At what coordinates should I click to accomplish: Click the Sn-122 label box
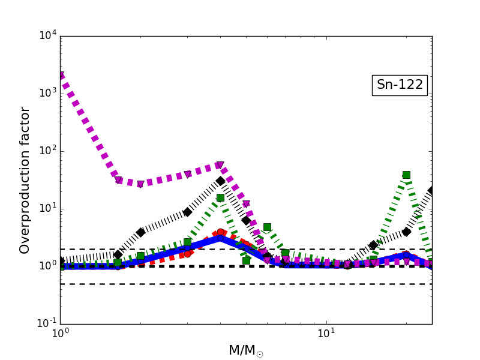click(x=400, y=85)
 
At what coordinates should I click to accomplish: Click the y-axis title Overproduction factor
click(x=25, y=180)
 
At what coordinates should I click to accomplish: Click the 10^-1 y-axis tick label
click(x=46, y=323)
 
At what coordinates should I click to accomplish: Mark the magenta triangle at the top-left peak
click(x=61, y=76)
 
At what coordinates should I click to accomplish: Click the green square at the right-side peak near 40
click(x=406, y=175)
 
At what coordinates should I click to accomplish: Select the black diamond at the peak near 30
click(x=220, y=181)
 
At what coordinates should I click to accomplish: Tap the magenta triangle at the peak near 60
click(x=220, y=166)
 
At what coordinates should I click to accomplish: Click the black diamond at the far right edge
click(x=431, y=191)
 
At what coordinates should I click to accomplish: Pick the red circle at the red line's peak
click(x=220, y=232)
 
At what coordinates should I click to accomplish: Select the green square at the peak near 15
click(x=220, y=197)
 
